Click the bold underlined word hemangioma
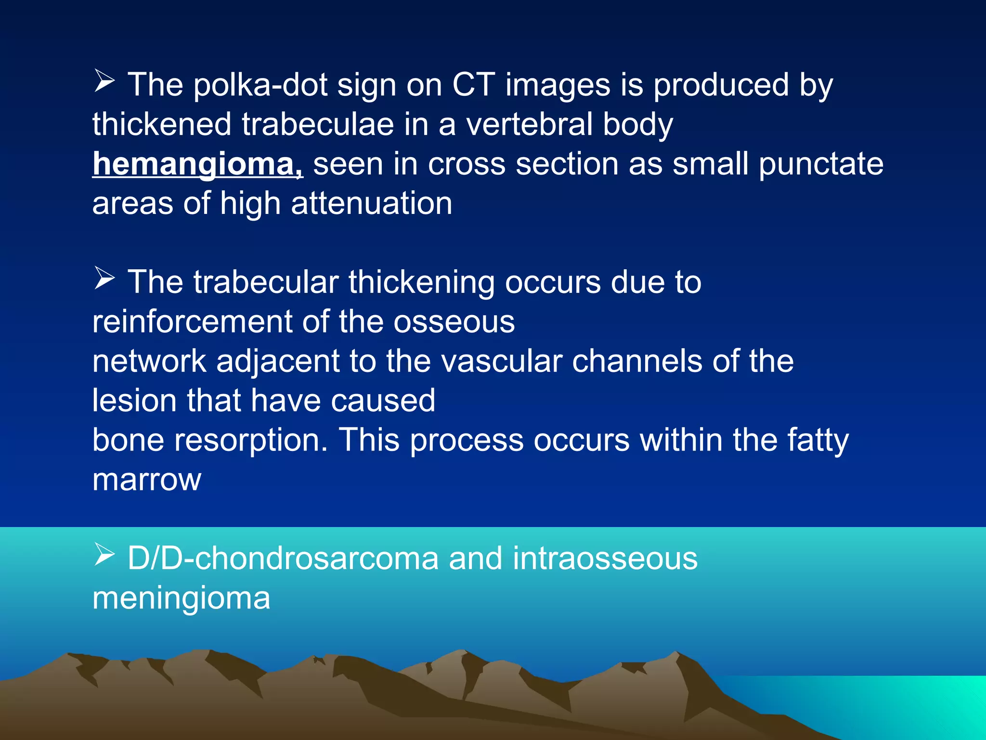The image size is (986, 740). click(197, 164)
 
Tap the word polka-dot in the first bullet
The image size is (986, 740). click(260, 85)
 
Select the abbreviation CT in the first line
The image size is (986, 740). click(473, 85)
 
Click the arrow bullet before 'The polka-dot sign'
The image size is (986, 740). click(104, 81)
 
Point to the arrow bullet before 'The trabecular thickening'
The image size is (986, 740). click(104, 278)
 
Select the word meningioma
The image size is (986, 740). click(181, 598)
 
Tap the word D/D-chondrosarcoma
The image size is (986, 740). click(283, 558)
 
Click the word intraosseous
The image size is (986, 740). click(605, 558)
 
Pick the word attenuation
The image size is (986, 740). click(371, 203)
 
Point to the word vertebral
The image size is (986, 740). click(529, 124)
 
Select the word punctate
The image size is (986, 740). click(821, 164)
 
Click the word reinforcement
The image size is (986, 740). click(192, 321)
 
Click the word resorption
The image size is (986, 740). click(251, 440)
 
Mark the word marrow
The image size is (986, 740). click(146, 479)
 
